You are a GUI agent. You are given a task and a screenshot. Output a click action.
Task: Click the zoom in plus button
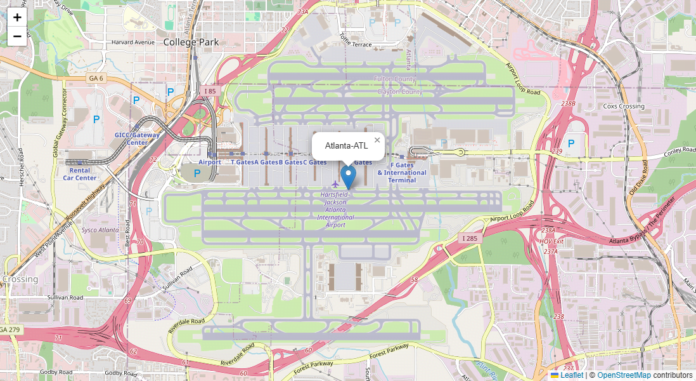click(x=17, y=17)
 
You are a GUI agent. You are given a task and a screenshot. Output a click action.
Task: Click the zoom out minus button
click(x=17, y=37)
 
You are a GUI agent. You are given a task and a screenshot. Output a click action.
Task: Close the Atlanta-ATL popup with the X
click(x=377, y=140)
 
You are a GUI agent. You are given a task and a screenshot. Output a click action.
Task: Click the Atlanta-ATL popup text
click(x=346, y=146)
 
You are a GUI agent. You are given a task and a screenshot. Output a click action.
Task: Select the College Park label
click(x=191, y=42)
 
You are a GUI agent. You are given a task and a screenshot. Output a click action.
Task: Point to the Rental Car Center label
click(x=80, y=174)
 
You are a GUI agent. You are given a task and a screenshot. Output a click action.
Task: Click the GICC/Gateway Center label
click(x=137, y=138)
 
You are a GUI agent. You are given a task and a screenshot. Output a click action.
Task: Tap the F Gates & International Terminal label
click(x=402, y=173)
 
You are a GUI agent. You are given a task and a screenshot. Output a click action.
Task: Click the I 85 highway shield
click(x=210, y=91)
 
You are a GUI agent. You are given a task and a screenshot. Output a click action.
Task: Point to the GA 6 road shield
click(x=95, y=78)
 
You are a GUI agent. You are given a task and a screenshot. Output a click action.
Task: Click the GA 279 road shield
click(x=10, y=330)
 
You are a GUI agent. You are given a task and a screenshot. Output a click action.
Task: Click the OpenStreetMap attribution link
click(x=624, y=375)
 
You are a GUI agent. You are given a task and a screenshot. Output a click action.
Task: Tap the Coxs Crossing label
click(x=623, y=106)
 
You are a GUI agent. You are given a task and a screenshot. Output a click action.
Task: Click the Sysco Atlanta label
click(x=100, y=230)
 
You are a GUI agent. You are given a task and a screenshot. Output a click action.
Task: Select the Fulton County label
click(x=396, y=79)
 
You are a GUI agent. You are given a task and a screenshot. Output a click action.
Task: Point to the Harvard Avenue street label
click(x=133, y=43)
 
